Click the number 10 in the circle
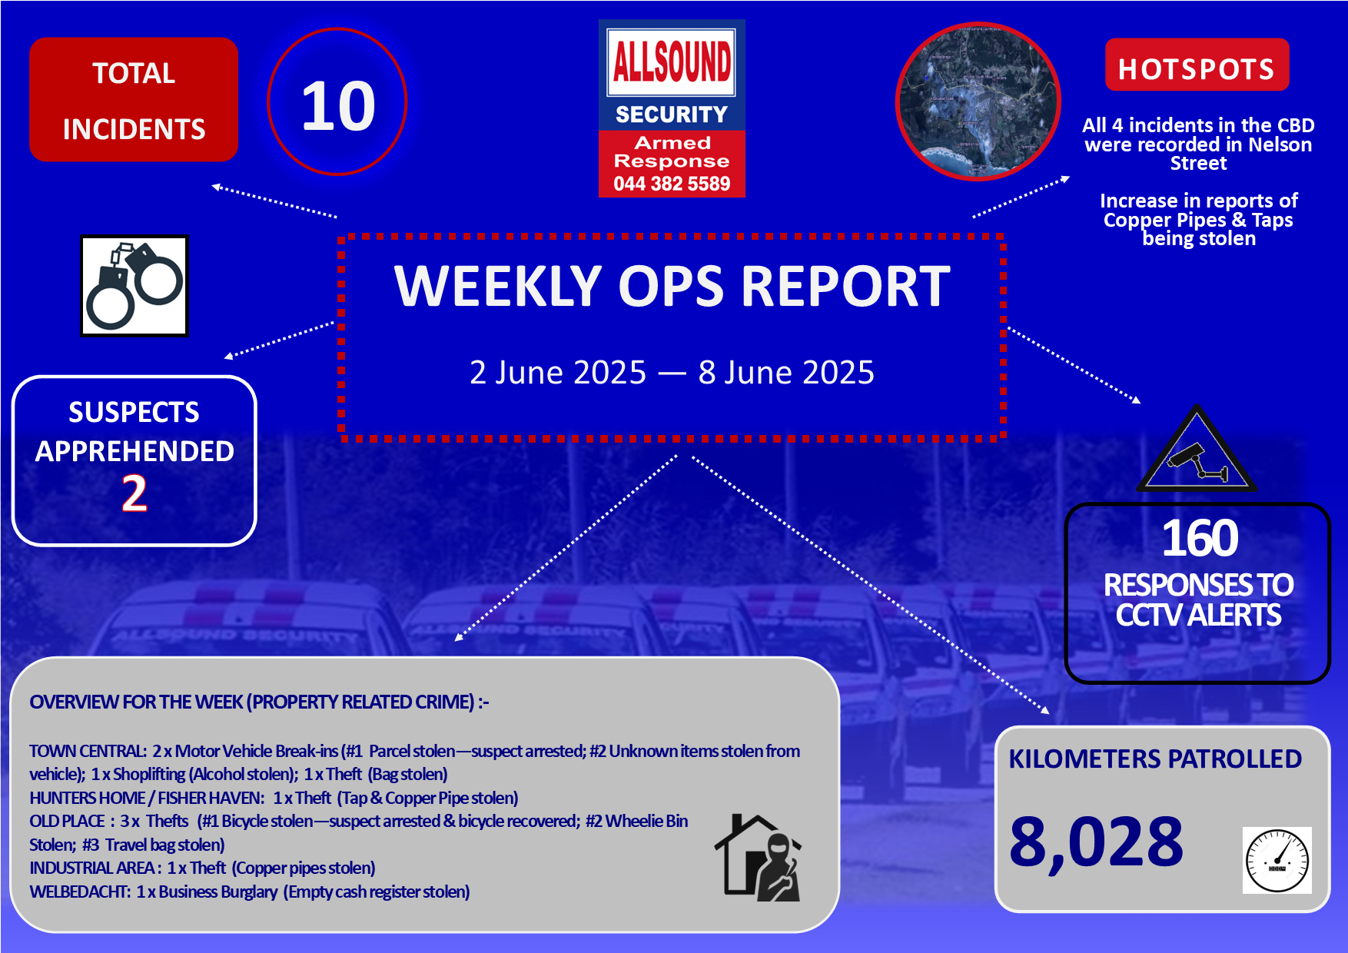coord(338,105)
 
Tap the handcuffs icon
coord(134,286)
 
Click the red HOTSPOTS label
coord(1197,65)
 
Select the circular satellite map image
coord(978,101)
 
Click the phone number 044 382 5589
coord(672,184)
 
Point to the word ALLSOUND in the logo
coord(672,61)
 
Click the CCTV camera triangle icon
coord(1196,449)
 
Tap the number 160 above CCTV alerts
coord(1199,537)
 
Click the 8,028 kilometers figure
coord(1097,842)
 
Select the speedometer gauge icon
coord(1277,860)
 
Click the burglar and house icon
coord(759,858)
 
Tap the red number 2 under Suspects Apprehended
coord(134,493)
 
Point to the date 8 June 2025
coord(786,373)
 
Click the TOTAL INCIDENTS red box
coord(134,100)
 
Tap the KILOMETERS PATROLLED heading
coord(1155,759)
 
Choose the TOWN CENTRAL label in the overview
coord(88,751)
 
